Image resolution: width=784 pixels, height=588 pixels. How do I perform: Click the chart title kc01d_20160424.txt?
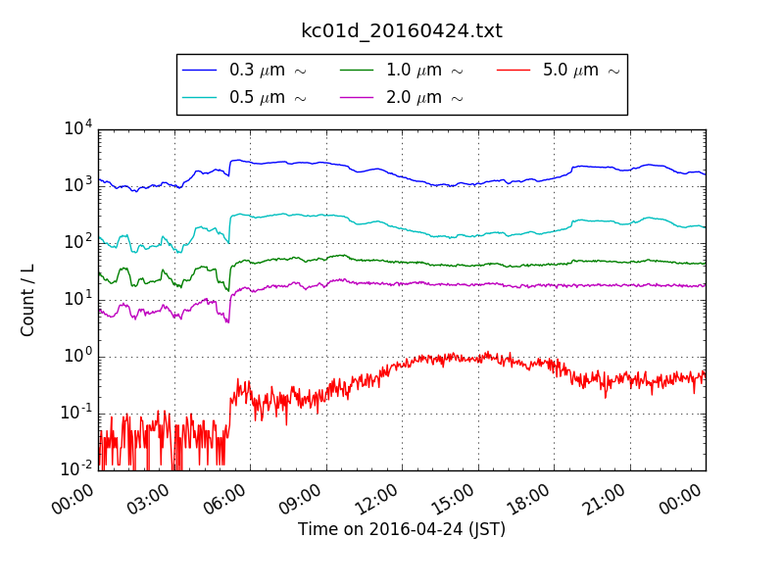[x=401, y=30]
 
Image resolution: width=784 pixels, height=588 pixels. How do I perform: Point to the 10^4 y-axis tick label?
[x=78, y=128]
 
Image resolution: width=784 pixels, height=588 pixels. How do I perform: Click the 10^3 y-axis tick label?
[x=78, y=185]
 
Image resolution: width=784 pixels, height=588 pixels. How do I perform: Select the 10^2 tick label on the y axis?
[x=78, y=242]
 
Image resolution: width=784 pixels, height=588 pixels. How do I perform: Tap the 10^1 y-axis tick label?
[x=78, y=298]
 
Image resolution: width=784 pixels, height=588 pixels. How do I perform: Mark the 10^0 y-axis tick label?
[x=78, y=355]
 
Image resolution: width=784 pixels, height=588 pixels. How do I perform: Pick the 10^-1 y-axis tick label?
[x=76, y=412]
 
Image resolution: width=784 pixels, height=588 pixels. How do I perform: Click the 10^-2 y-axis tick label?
[x=76, y=468]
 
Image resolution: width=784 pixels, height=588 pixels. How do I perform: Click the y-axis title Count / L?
[x=28, y=300]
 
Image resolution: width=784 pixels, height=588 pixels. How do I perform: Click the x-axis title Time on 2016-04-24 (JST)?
[x=402, y=530]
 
